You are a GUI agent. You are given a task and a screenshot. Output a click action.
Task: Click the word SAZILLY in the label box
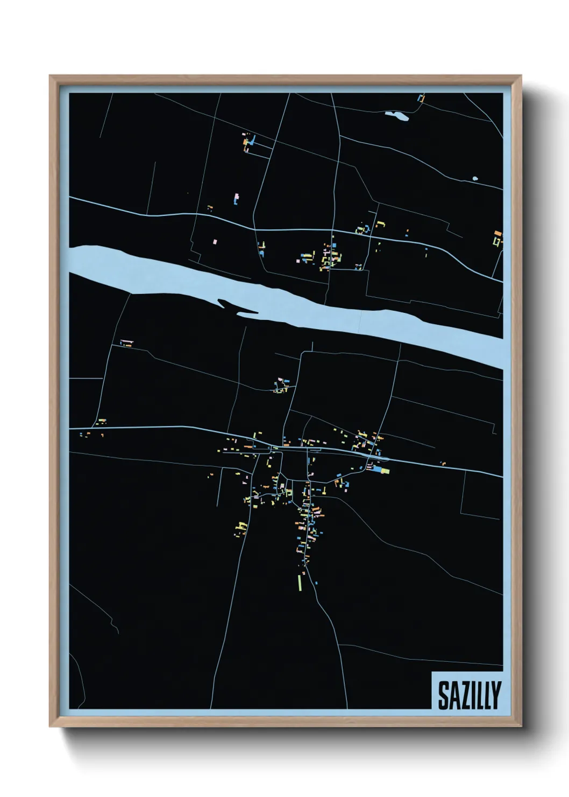point(469,695)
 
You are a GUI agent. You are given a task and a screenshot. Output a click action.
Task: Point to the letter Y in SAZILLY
point(495,695)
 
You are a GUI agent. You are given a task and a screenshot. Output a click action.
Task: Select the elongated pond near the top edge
point(397,115)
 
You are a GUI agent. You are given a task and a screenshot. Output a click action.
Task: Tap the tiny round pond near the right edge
point(474,178)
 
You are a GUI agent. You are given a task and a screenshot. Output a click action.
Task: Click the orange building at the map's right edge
point(497,234)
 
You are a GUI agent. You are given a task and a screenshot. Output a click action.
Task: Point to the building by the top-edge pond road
point(421,99)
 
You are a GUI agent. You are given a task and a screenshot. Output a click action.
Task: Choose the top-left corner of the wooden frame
point(51,76)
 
